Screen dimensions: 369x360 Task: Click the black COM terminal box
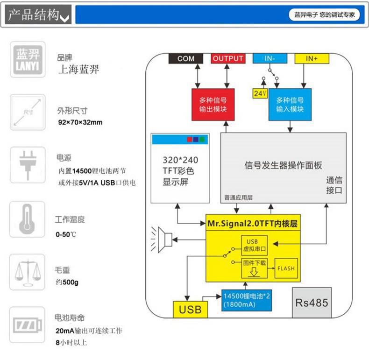[185, 58]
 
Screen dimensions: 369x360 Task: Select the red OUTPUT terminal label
[228, 58]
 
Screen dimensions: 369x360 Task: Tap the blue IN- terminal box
[270, 58]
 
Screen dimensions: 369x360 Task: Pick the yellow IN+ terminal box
[312, 58]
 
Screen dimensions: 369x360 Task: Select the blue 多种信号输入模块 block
[290, 105]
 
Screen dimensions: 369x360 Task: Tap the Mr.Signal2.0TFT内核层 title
[252, 223]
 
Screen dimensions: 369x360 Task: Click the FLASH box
[286, 268]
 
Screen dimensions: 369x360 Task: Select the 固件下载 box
[254, 268]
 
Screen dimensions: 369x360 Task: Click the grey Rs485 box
[312, 303]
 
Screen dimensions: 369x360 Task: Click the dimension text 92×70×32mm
[80, 123]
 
